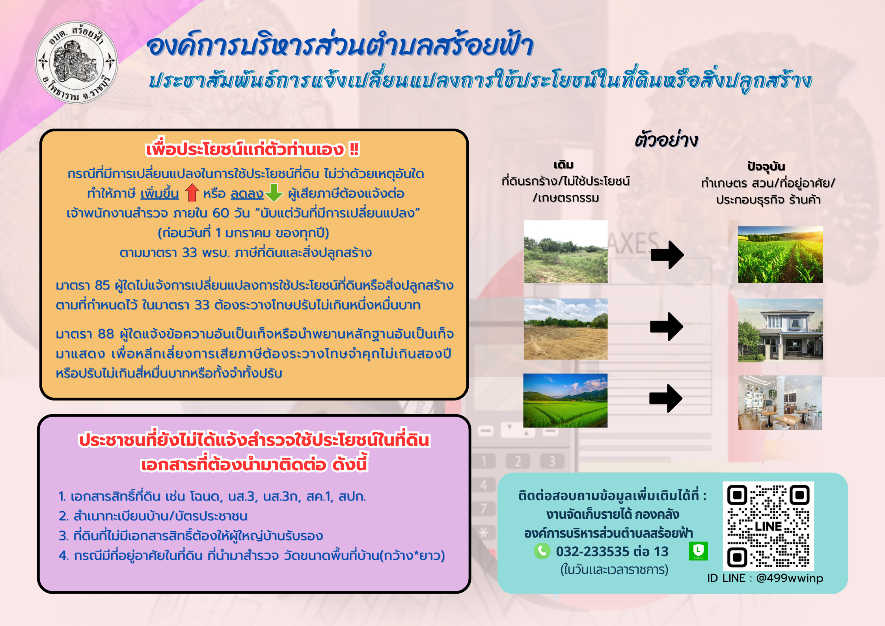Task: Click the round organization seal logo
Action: click(x=76, y=62)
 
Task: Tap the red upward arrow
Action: click(x=192, y=193)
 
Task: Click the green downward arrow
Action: click(x=274, y=193)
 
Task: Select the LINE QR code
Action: click(x=768, y=526)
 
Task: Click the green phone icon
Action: click(x=542, y=551)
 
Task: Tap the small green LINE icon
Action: click(x=698, y=551)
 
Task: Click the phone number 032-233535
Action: click(x=592, y=551)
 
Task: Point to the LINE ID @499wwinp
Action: click(x=790, y=578)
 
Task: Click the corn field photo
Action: click(x=780, y=254)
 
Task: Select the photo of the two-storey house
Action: click(x=780, y=330)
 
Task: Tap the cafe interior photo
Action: click(x=780, y=402)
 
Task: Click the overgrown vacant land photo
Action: click(x=566, y=252)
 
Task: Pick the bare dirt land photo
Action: click(x=566, y=329)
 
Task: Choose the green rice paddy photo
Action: click(x=565, y=400)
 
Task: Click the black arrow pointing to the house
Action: click(x=667, y=327)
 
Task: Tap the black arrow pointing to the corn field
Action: click(x=667, y=255)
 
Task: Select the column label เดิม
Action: click(x=564, y=165)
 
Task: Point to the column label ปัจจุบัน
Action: click(x=766, y=166)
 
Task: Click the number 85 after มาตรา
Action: click(x=102, y=285)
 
